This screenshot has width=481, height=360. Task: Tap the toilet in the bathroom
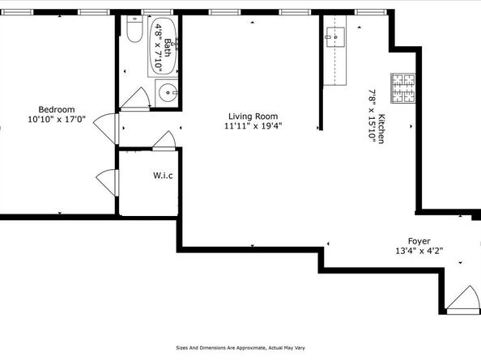click(x=134, y=32)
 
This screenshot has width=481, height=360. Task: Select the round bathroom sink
click(x=167, y=91)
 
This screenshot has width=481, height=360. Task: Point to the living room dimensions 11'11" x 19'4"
click(x=253, y=126)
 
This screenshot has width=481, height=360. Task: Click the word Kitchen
click(x=381, y=129)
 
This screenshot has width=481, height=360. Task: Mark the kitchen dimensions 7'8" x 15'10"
click(x=372, y=116)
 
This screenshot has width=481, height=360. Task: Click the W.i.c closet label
click(x=163, y=176)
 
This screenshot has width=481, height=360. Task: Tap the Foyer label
click(x=418, y=240)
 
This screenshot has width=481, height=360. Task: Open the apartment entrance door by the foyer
click(x=462, y=300)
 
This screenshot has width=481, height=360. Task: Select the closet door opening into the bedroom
click(x=106, y=180)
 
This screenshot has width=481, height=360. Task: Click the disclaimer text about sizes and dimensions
click(x=240, y=349)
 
